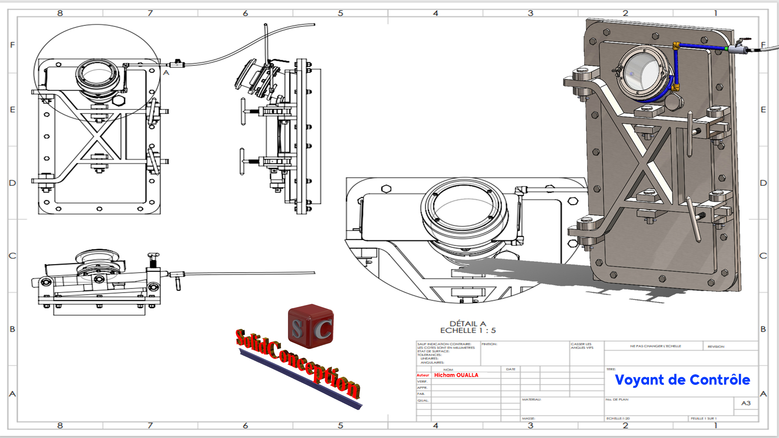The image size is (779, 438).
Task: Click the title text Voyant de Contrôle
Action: click(x=682, y=380)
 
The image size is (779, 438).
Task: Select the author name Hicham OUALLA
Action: click(x=456, y=375)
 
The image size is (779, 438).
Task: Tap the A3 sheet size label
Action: click(x=746, y=403)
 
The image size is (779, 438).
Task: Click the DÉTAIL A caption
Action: click(x=467, y=324)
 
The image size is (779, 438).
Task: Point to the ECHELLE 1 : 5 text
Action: click(x=467, y=331)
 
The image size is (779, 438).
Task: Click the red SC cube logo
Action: click(x=311, y=327)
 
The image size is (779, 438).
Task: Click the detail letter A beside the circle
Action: click(x=166, y=73)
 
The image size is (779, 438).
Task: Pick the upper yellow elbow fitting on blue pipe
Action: click(x=676, y=46)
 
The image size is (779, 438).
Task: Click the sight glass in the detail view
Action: click(x=463, y=207)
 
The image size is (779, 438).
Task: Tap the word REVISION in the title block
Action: click(x=716, y=347)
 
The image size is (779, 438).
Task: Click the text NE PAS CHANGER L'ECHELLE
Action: click(x=655, y=346)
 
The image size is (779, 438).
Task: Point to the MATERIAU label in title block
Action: click(x=532, y=399)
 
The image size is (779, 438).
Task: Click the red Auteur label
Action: click(x=423, y=375)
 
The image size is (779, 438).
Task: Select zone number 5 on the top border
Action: click(x=340, y=13)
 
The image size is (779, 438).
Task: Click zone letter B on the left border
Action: click(x=13, y=329)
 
